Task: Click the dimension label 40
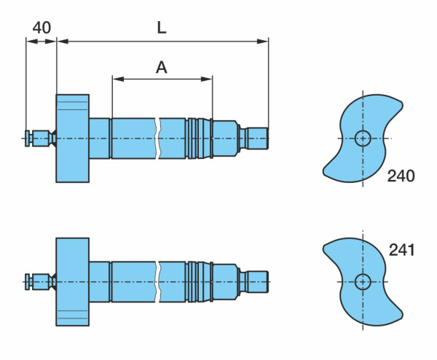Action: (x=42, y=28)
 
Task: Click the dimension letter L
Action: (x=162, y=28)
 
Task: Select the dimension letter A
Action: (x=162, y=68)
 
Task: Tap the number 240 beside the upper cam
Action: (x=401, y=176)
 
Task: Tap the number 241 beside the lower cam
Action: (x=401, y=250)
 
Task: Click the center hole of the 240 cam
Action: (x=363, y=138)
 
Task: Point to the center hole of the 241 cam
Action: (x=363, y=281)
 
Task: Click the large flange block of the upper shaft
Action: (x=72, y=138)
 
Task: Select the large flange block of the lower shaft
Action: (x=72, y=281)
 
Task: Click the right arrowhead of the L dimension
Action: (x=262, y=42)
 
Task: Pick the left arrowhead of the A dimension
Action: (x=118, y=79)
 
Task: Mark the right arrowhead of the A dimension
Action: (x=207, y=79)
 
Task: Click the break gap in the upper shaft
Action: (x=157, y=138)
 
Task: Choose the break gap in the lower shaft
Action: (x=157, y=281)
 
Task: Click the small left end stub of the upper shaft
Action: (x=39, y=138)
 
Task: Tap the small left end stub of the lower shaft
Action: (x=39, y=281)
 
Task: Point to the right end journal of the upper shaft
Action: (x=258, y=138)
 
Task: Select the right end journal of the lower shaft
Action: (x=258, y=281)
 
